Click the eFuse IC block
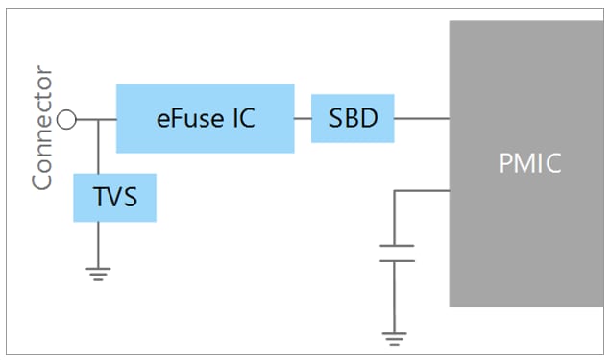(x=205, y=118)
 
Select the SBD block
(x=353, y=118)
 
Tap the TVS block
(x=114, y=198)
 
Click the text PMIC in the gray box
(x=529, y=163)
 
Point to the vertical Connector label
(x=42, y=129)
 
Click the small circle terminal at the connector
(x=66, y=119)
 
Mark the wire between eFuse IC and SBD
(x=303, y=119)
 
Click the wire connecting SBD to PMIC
(x=422, y=119)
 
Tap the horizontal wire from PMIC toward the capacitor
(x=423, y=190)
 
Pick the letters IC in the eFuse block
(x=244, y=118)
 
